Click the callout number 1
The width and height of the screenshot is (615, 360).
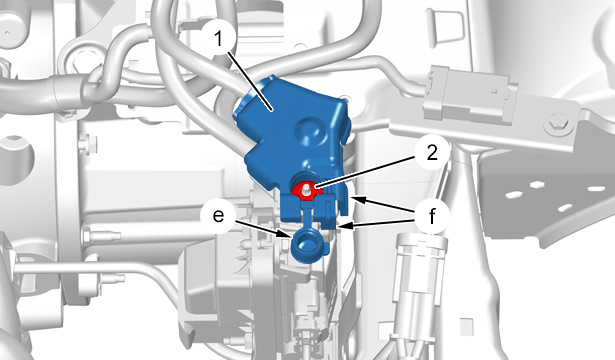218,39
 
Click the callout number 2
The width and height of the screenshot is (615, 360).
432,153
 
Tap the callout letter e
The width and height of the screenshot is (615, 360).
218,216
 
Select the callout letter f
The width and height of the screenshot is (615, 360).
432,216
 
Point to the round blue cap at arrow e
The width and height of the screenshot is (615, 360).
307,246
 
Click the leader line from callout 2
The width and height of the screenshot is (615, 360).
365,171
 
